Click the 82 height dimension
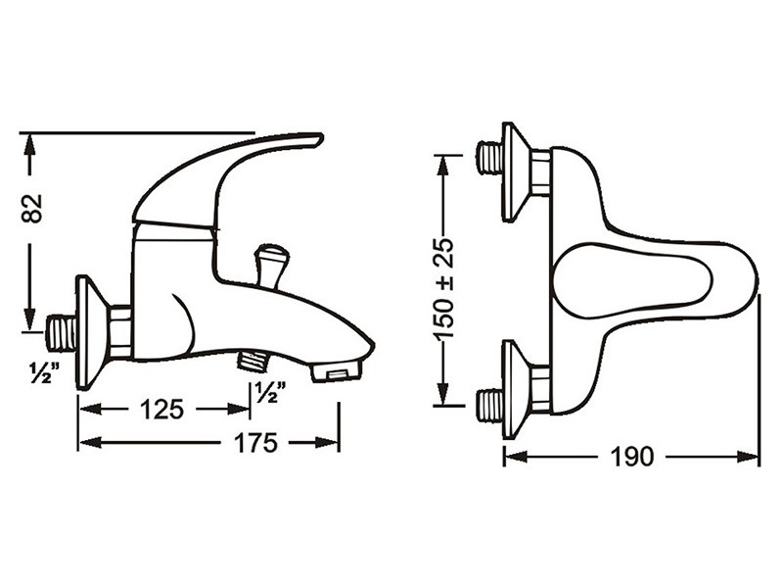(32, 208)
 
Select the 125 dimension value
(161, 410)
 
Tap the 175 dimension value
(255, 443)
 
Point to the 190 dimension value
(631, 456)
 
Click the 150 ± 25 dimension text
(443, 289)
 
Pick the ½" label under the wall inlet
(44, 373)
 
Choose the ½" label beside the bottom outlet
(271, 392)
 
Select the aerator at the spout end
(336, 372)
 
